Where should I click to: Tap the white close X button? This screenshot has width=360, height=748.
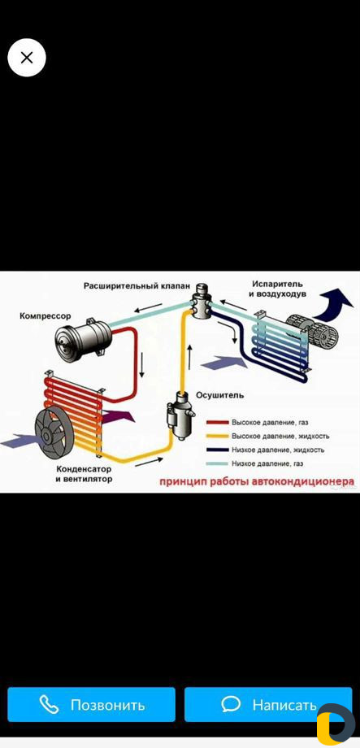27,58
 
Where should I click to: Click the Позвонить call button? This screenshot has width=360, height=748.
91,704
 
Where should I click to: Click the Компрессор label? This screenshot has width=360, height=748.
46,315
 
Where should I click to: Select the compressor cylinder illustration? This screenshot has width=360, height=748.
84,337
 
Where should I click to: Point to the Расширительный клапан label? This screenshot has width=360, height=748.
137,286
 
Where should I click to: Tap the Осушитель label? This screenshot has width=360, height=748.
220,395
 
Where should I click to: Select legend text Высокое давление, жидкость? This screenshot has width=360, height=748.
280,436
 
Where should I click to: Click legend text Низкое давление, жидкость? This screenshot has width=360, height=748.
278,450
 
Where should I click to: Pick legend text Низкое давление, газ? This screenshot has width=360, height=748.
267,463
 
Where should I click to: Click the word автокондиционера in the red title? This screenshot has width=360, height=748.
303,481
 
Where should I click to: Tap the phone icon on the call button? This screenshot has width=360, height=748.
49,704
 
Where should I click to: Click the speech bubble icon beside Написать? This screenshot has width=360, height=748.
231,703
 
